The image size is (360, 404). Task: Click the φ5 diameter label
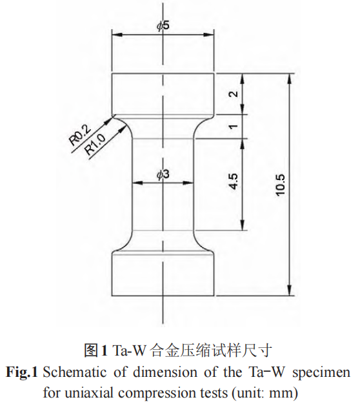point(163,26)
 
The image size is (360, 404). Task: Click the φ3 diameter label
point(163,174)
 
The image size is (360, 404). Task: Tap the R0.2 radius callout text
point(79,135)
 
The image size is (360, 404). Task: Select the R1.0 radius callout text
point(95,145)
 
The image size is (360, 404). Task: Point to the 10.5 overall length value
point(281,185)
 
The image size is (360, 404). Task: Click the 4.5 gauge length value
point(234,181)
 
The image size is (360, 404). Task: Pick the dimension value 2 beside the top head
point(233,94)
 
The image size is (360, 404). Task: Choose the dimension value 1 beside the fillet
point(233,126)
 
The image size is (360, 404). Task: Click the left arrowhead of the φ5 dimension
point(117,35)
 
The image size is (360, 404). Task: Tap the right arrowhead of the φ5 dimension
point(208,35)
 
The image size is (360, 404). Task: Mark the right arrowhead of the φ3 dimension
point(188,183)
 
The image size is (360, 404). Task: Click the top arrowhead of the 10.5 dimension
point(290,79)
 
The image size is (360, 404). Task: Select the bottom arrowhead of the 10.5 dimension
point(290,290)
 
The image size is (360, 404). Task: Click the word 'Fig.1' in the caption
point(22,372)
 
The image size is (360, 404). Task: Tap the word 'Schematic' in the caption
point(74,372)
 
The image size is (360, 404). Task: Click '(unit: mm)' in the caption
point(263,393)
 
